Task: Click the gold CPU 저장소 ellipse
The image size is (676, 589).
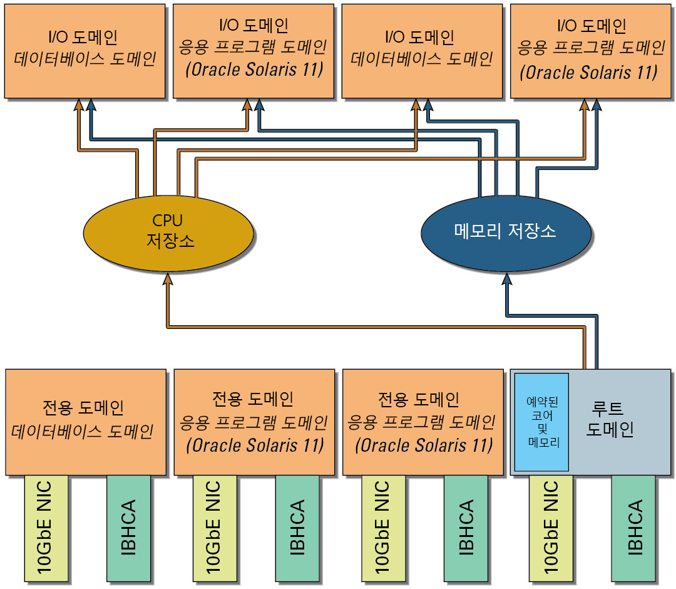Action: point(168,232)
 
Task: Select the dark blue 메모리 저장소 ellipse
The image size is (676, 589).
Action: point(505,232)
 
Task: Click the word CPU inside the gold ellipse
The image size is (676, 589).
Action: point(168,221)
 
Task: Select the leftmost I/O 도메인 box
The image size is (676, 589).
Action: point(85,51)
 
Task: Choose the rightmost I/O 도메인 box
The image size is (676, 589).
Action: point(591,51)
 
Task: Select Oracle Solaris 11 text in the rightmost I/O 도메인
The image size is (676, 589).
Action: point(591,73)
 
